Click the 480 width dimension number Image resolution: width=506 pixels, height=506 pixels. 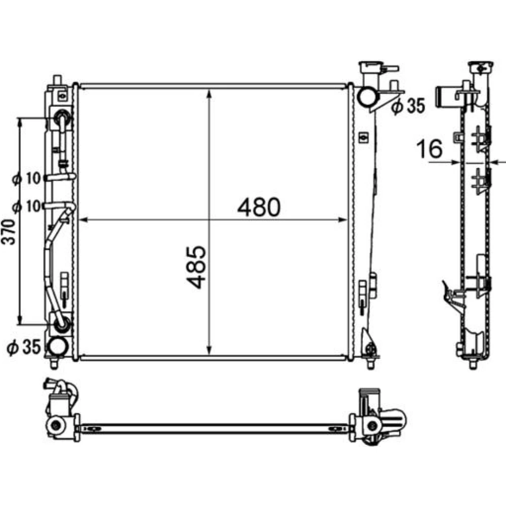pos(259,207)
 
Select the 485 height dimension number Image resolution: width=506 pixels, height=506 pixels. pos(196,267)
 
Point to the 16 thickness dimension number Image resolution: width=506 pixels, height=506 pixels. pos(429,149)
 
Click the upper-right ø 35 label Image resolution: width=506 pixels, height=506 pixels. pos(408,106)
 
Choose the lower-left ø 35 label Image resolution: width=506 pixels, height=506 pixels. pos(24,347)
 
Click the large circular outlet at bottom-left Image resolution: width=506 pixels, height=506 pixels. pos(58,346)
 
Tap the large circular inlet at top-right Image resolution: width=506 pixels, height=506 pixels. pos(367,97)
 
